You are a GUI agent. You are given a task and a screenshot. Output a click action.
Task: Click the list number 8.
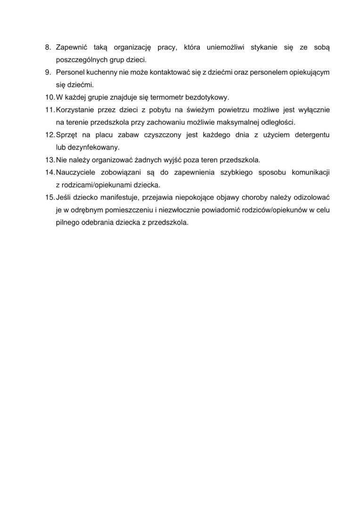pyautogui.click(x=48, y=48)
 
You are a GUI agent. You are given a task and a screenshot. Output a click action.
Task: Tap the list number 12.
pyautogui.click(x=49, y=135)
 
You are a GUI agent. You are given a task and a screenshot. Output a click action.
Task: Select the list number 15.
pyautogui.click(x=49, y=197)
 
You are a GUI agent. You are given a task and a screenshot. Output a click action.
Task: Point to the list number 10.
pyautogui.click(x=49, y=98)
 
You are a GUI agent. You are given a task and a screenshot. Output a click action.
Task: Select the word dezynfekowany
pyautogui.click(x=88, y=147)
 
